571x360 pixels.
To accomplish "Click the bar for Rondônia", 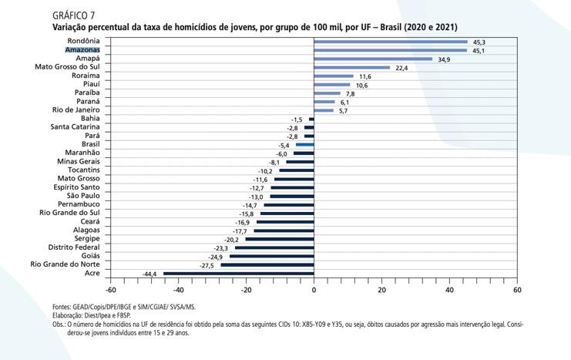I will (x=390, y=41).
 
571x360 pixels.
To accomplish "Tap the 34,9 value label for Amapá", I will (x=443, y=59).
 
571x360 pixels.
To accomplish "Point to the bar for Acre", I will (x=238, y=273).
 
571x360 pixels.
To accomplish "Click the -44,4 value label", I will (x=150, y=274).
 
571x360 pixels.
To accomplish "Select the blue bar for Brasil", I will (x=304, y=144).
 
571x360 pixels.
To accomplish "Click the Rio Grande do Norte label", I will (x=65, y=264).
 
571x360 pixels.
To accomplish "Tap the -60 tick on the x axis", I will (x=110, y=290).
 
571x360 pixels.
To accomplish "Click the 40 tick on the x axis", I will (x=449, y=290).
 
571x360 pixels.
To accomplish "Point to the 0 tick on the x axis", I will (x=314, y=290).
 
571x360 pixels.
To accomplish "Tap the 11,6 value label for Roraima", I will (x=364, y=77).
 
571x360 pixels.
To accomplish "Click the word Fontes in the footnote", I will (x=63, y=307).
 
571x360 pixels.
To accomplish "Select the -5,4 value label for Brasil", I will (x=283, y=145).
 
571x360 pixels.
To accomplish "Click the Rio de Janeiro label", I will (x=76, y=109).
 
